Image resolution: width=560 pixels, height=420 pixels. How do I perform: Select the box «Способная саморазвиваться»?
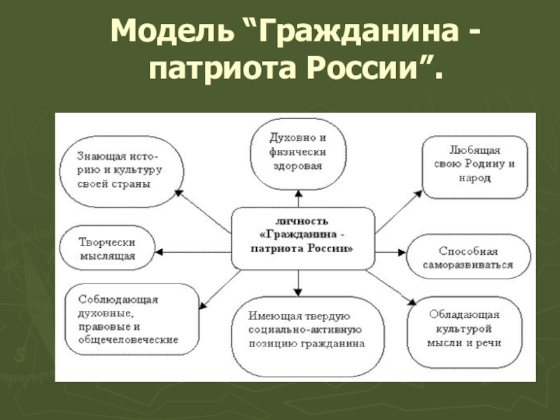click(x=468, y=258)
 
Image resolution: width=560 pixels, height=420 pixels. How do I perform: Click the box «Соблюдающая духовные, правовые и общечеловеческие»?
click(x=123, y=319)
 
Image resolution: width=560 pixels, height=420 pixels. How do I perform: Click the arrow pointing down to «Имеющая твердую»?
click(x=299, y=280)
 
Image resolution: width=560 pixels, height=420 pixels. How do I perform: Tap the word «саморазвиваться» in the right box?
click(x=468, y=265)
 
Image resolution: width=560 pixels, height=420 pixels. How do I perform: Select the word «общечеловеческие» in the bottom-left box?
click(x=123, y=339)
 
